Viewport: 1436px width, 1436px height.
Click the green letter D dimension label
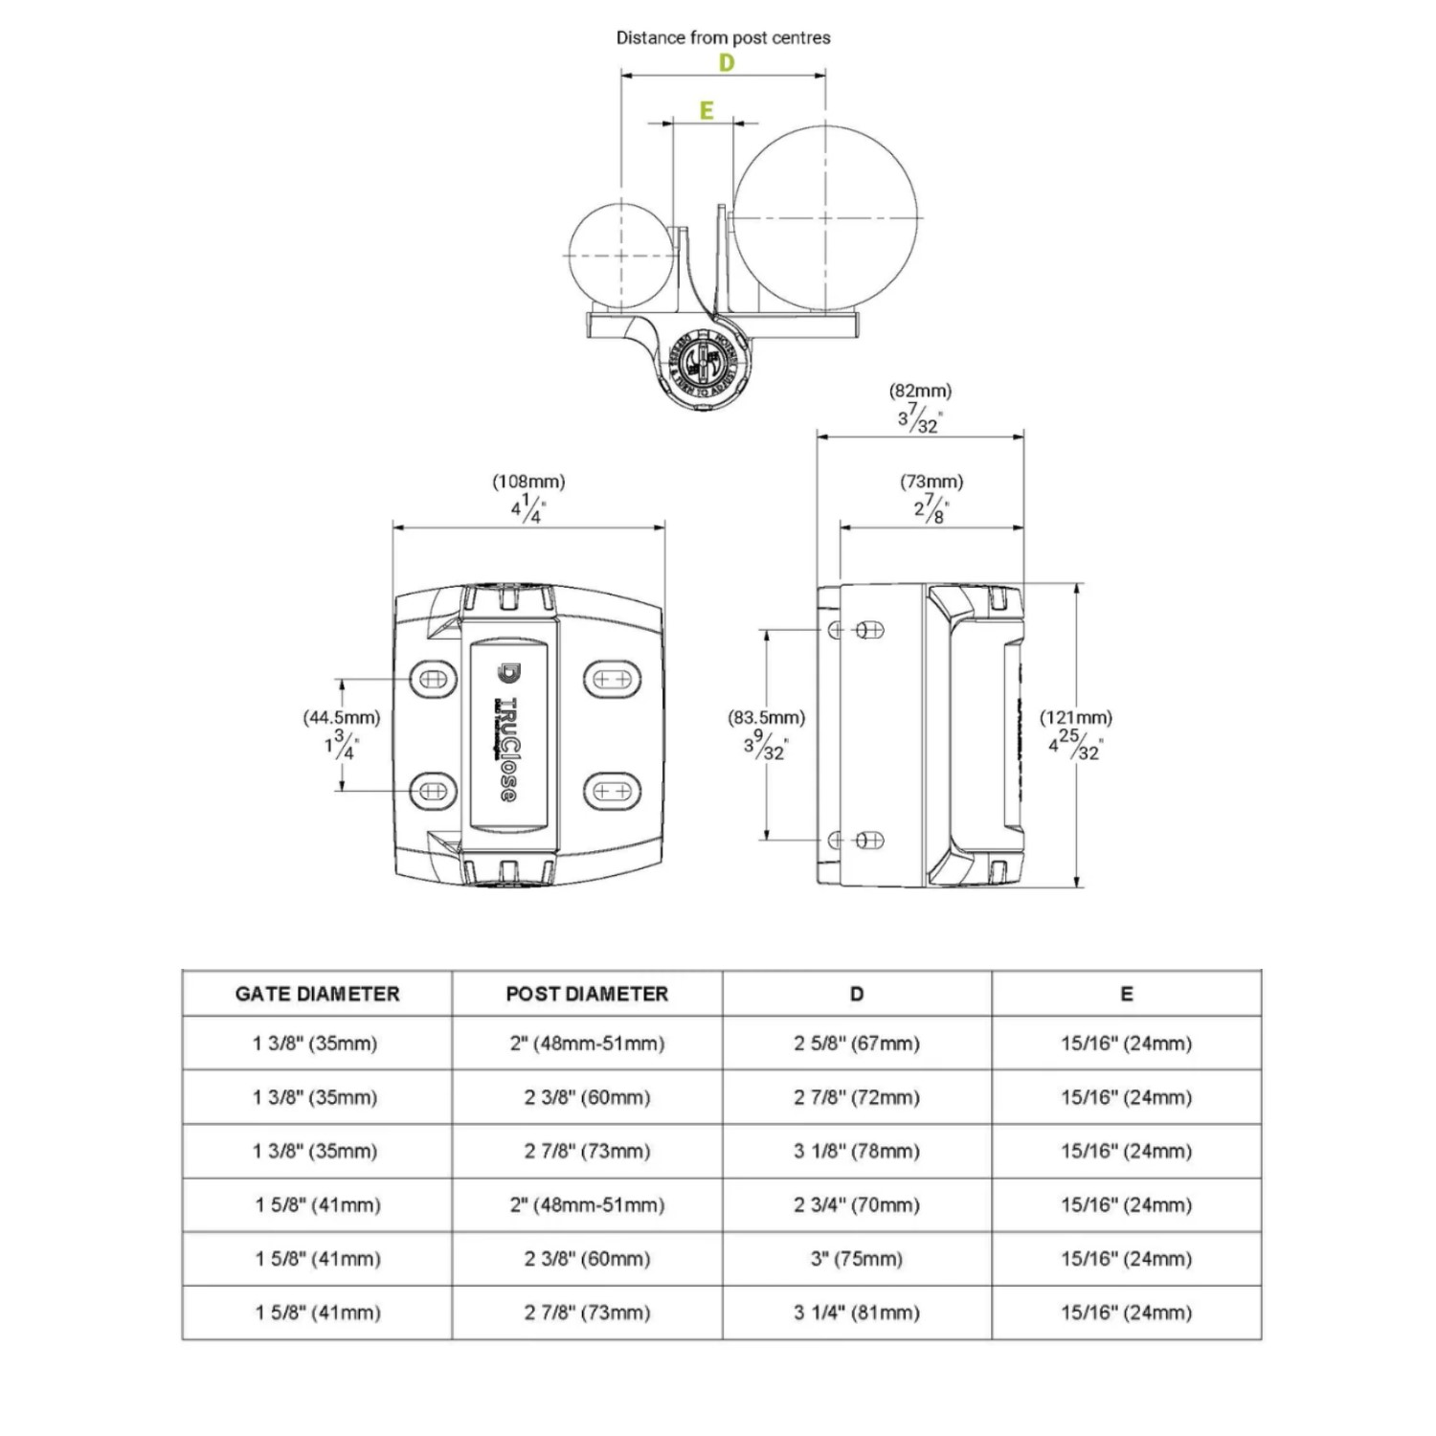[x=727, y=63]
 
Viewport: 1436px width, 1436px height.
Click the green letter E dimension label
[x=707, y=111]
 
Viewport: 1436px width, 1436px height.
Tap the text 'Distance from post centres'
[x=723, y=38]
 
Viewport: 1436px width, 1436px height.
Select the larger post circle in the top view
[x=825, y=219]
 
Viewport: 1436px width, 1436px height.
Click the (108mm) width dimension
[x=528, y=482]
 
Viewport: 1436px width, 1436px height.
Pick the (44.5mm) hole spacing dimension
[x=342, y=717]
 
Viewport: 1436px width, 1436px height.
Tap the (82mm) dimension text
[x=920, y=391]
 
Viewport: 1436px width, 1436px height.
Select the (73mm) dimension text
[x=931, y=482]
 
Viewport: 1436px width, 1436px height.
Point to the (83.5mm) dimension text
[x=767, y=717]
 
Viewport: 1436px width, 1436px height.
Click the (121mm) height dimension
[x=1076, y=717]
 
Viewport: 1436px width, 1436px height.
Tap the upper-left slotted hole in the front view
[x=428, y=680]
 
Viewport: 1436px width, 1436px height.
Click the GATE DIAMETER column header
[x=317, y=994]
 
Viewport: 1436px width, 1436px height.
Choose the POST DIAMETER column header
[x=587, y=994]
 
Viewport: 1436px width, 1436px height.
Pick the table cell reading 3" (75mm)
[x=857, y=1259]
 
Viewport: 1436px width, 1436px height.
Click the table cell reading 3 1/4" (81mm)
[x=857, y=1313]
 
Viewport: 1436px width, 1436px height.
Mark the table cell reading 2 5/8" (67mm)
[x=857, y=1043]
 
